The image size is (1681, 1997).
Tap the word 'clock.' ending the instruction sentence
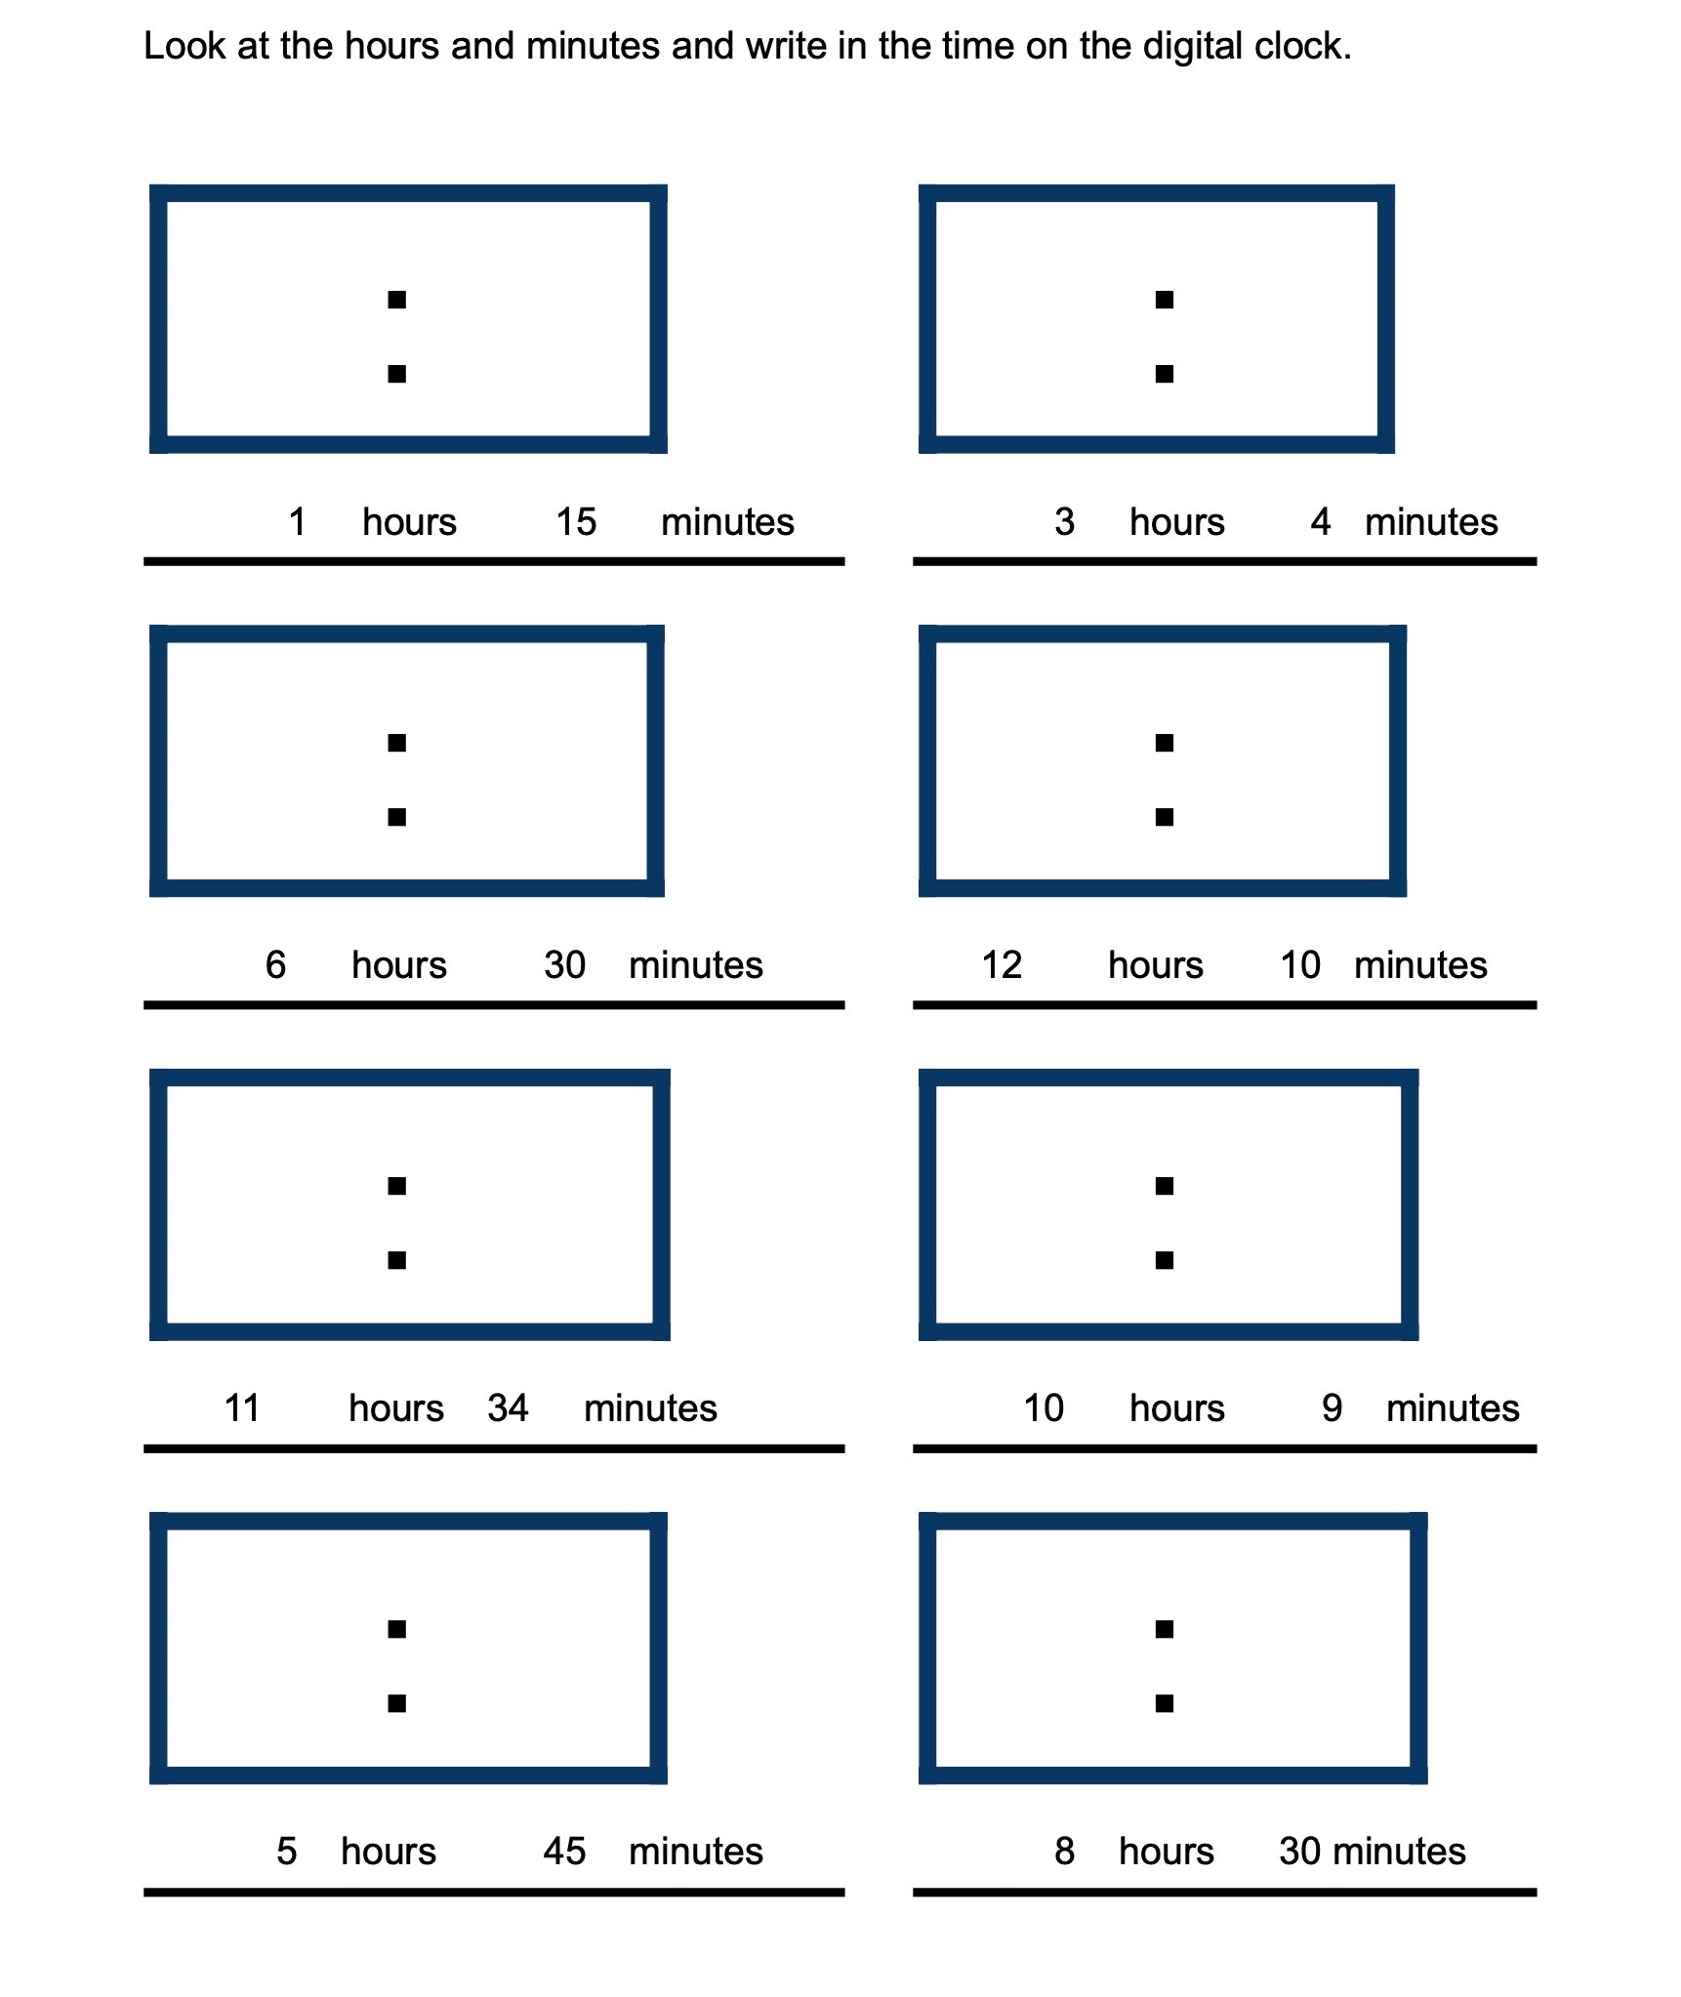point(1303,47)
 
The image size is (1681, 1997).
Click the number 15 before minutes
point(576,522)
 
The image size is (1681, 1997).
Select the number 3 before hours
point(1064,522)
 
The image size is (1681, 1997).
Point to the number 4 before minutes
point(1320,522)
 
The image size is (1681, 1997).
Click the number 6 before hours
point(275,965)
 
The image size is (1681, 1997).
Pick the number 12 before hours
point(1002,965)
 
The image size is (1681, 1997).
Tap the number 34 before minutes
point(508,1408)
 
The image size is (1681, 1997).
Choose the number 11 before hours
point(242,1408)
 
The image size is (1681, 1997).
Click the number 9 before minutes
point(1332,1408)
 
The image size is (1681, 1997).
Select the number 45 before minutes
point(564,1852)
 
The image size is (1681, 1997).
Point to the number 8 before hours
point(1064,1852)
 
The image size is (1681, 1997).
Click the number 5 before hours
point(286,1852)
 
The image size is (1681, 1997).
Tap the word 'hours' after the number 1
point(409,522)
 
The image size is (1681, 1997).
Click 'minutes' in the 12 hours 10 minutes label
point(1420,965)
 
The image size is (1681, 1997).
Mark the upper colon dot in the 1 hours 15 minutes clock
point(396,300)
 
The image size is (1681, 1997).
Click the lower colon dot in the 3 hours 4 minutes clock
point(1164,374)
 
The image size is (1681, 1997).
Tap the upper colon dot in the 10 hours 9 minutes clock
point(1164,1186)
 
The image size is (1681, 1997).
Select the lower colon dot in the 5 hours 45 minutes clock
point(396,1703)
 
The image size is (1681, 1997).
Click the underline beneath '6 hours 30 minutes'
point(494,1004)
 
